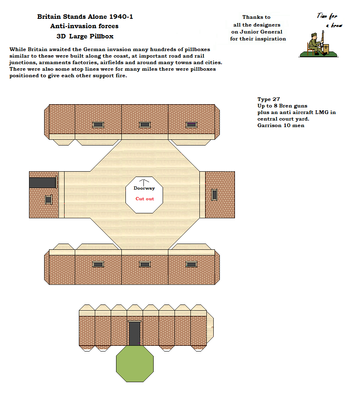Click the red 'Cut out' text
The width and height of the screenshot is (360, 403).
pos(145,199)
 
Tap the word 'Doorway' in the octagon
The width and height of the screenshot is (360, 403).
pos(144,188)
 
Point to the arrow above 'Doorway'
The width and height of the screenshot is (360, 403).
pos(144,182)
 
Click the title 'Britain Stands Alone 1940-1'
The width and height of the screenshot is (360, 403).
pos(85,17)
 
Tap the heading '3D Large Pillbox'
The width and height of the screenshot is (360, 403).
pos(85,36)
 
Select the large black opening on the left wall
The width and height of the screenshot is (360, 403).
pos(42,183)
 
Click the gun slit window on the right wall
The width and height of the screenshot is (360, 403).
pos(214,195)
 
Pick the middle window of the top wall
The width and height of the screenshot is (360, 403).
pos(145,125)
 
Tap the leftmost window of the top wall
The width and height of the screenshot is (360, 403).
pos(98,125)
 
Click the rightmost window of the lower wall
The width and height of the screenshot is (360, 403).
pos(191,264)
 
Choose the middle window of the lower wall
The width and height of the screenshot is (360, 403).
pos(145,264)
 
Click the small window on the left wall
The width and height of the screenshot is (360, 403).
pos(48,199)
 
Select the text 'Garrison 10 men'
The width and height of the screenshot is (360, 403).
pos(281,125)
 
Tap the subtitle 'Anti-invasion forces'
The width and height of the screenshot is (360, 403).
pos(84,26)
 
